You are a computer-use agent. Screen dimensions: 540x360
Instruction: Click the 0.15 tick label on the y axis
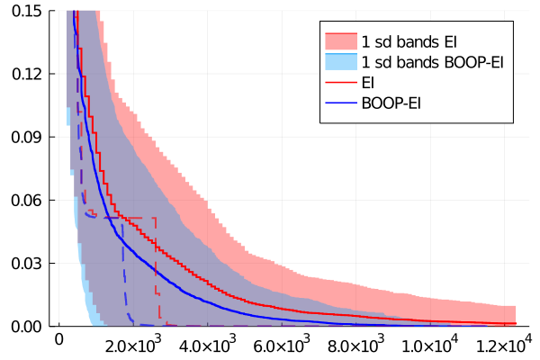pyautogui.click(x=26, y=11)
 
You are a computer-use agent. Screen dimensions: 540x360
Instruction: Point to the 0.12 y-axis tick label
pyautogui.click(x=26, y=74)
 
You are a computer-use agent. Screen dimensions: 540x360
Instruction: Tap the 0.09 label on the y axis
pyautogui.click(x=26, y=137)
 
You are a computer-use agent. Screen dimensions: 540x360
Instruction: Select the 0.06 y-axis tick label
pyautogui.click(x=26, y=200)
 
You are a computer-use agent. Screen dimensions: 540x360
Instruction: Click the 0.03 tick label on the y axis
pyautogui.click(x=26, y=264)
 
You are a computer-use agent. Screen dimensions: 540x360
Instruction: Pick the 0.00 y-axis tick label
pyautogui.click(x=26, y=327)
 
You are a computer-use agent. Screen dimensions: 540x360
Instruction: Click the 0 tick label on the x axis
pyautogui.click(x=59, y=339)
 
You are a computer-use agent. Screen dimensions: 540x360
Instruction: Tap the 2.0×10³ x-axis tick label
pyautogui.click(x=133, y=344)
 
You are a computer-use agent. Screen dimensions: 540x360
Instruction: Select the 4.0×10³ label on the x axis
pyautogui.click(x=208, y=344)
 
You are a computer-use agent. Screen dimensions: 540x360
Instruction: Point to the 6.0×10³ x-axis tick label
pyautogui.click(x=282, y=344)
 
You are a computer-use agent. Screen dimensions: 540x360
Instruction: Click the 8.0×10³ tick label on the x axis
pyautogui.click(x=356, y=344)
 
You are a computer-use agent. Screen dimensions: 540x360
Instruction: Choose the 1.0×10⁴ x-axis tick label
pyautogui.click(x=430, y=344)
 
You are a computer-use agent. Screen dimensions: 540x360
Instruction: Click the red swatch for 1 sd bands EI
pyautogui.click(x=341, y=41)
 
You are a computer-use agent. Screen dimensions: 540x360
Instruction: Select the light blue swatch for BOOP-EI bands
pyautogui.click(x=341, y=62)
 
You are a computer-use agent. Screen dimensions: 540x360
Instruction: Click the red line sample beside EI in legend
pyautogui.click(x=341, y=82)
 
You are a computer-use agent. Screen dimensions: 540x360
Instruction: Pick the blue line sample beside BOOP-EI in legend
pyautogui.click(x=341, y=103)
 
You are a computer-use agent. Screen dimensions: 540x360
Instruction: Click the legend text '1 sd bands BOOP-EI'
pyautogui.click(x=433, y=62)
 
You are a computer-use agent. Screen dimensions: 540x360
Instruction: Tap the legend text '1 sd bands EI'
pyautogui.click(x=409, y=42)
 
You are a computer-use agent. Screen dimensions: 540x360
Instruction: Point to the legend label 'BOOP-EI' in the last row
pyautogui.click(x=391, y=103)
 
